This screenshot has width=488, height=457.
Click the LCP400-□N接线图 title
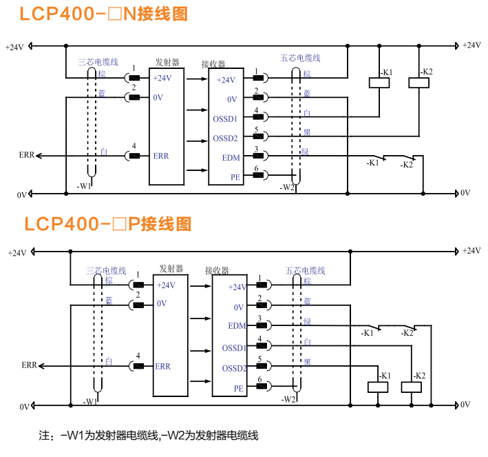pyautogui.click(x=103, y=13)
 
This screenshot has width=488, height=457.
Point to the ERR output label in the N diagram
pyautogui.click(x=26, y=156)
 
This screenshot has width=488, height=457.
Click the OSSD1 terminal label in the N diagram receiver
pyautogui.click(x=225, y=119)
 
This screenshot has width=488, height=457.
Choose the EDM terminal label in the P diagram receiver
pyautogui.click(x=236, y=326)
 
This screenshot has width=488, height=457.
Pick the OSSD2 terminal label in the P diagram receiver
pyautogui.click(x=234, y=368)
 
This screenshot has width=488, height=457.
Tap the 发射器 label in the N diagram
pyautogui.click(x=167, y=63)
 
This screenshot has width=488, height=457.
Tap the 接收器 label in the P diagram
pyautogui.click(x=218, y=271)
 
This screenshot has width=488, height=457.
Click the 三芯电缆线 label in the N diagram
pyautogui.click(x=99, y=62)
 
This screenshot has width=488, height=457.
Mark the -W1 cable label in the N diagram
pyautogui.click(x=83, y=186)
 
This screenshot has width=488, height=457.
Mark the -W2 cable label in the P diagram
pyautogui.click(x=289, y=399)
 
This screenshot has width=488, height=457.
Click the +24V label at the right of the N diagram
pyautogui.click(x=471, y=45)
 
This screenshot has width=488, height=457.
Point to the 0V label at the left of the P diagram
pyautogui.click(x=25, y=407)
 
